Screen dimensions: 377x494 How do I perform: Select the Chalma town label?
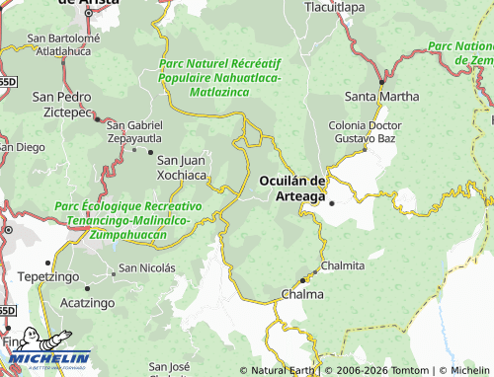(302, 295)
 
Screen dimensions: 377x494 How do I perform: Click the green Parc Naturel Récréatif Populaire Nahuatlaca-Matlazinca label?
(219, 78)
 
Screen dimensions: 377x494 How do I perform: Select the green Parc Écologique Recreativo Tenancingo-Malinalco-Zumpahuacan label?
(128, 221)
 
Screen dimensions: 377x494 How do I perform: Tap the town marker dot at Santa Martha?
(381, 82)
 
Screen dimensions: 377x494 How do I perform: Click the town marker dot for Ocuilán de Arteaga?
(332, 203)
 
